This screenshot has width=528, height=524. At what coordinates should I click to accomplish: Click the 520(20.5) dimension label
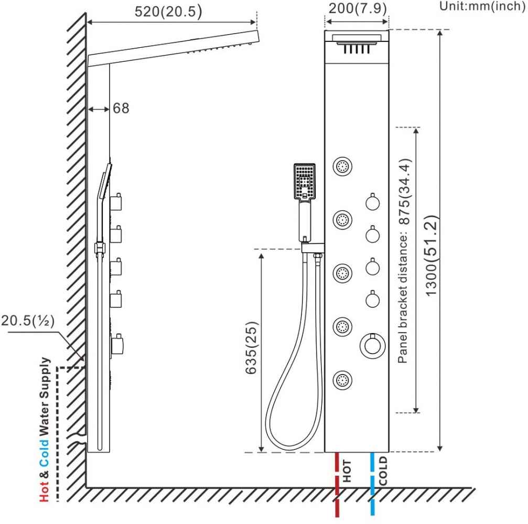(x=168, y=12)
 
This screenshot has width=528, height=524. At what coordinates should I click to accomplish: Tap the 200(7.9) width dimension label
(x=358, y=8)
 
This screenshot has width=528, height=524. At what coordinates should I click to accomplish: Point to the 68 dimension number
(x=121, y=108)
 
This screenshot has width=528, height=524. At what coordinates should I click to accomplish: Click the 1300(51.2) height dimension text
(x=432, y=255)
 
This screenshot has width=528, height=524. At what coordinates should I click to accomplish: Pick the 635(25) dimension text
(x=252, y=348)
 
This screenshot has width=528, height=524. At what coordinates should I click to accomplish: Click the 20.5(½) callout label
(x=28, y=320)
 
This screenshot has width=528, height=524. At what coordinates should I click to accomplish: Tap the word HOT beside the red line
(x=347, y=471)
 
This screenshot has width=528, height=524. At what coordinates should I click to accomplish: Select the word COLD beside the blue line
(x=383, y=471)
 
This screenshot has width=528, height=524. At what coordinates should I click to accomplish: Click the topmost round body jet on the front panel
(x=342, y=166)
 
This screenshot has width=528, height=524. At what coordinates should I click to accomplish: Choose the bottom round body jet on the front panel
(x=342, y=380)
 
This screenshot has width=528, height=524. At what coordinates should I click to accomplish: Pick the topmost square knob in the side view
(x=116, y=202)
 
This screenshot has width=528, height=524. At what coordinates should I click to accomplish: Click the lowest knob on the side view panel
(x=117, y=344)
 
